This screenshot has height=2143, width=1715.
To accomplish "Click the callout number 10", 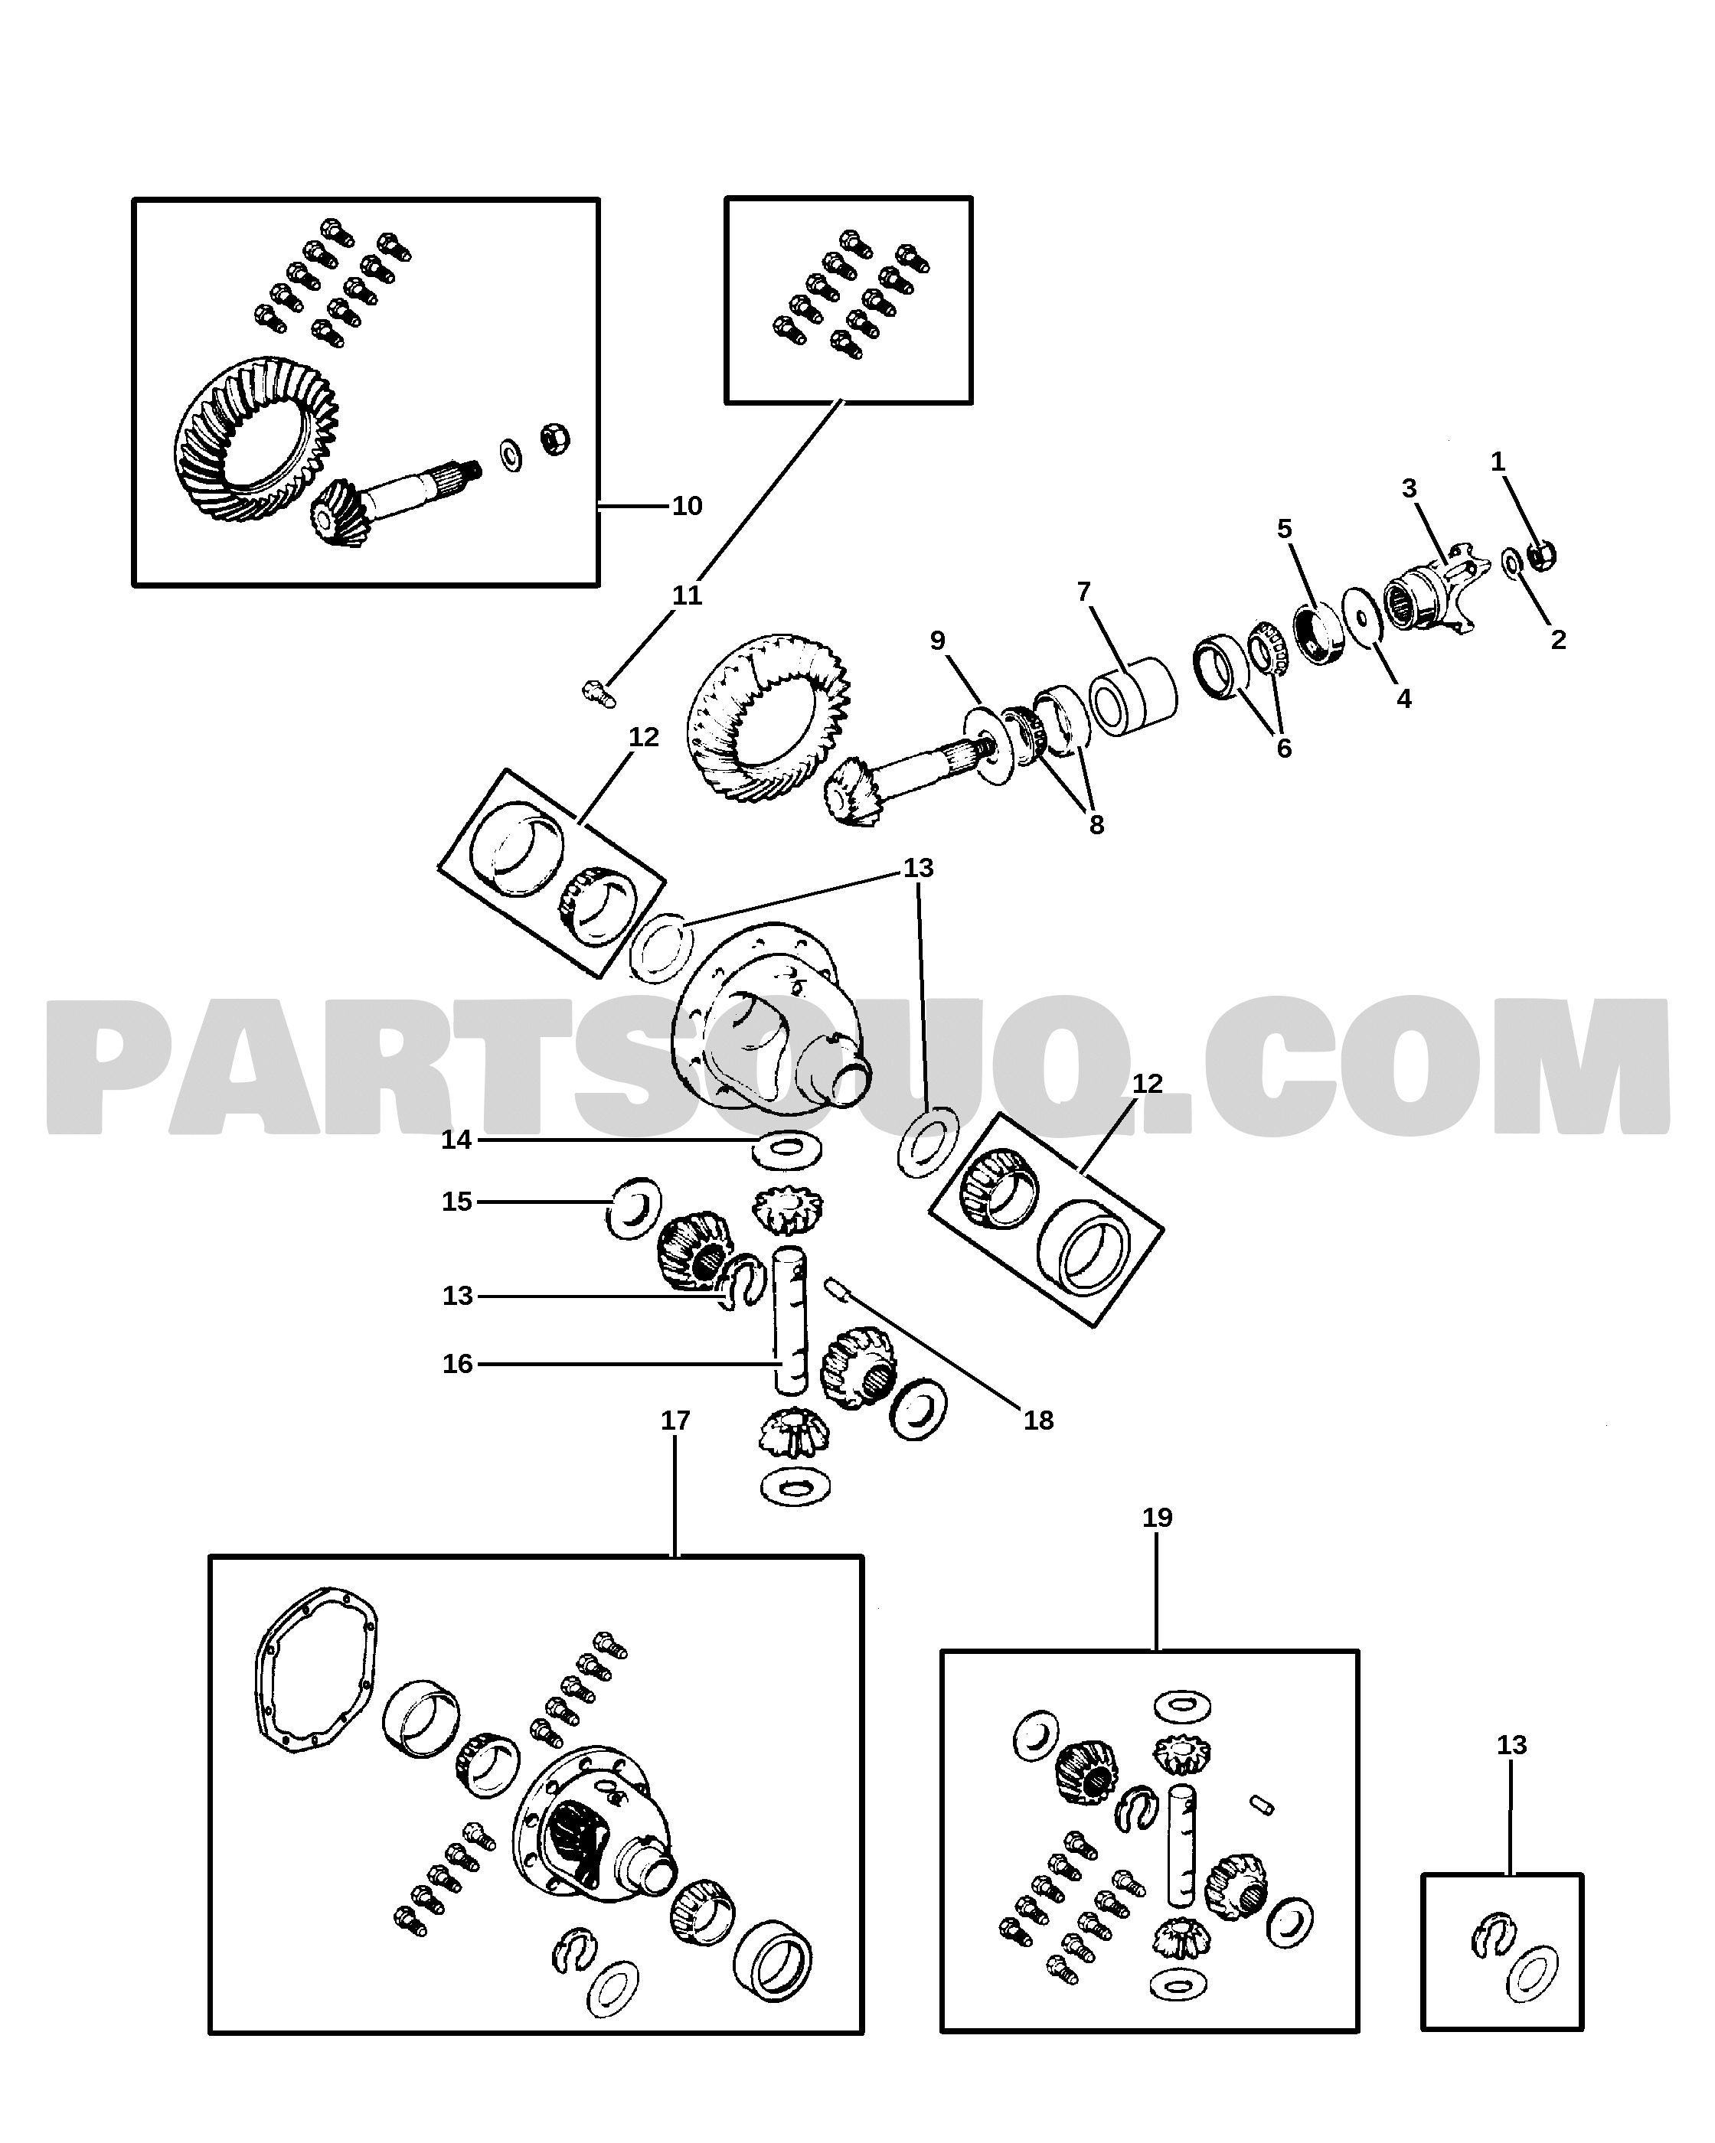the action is (687, 506).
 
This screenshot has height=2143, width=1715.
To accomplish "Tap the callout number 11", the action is (687, 595).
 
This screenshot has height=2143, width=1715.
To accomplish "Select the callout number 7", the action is (1083, 592).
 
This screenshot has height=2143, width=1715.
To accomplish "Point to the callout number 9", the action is (938, 641).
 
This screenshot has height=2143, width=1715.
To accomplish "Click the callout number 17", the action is (675, 1421).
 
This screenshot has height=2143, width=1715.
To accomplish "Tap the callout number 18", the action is (1038, 1421).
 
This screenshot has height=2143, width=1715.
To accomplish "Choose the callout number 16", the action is (457, 1364).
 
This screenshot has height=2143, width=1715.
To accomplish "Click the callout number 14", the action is (456, 1140).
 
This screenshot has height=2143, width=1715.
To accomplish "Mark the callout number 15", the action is (456, 1202).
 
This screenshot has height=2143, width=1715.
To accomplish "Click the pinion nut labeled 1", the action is (1541, 556).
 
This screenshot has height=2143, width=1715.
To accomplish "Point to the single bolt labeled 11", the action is (597, 692).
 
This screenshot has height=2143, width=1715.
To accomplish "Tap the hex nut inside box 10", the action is (555, 439).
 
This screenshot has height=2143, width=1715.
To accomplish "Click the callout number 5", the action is (1285, 529).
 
